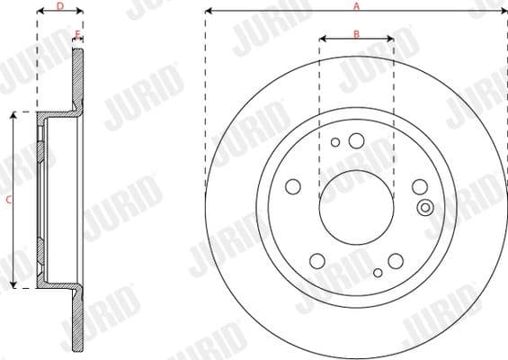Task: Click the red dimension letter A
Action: (356, 6)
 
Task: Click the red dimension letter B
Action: (356, 33)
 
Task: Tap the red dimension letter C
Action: (8, 202)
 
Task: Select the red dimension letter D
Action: (59, 6)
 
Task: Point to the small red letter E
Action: (78, 34)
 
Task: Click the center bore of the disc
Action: (356, 201)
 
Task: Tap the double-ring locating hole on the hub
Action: (425, 208)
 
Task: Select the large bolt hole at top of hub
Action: (356, 139)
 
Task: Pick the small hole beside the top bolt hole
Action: (335, 142)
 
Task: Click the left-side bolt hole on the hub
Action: (292, 186)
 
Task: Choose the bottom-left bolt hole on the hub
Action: (316, 260)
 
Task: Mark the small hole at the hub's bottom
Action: (378, 270)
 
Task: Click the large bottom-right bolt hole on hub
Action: (396, 260)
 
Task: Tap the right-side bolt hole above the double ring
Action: (419, 186)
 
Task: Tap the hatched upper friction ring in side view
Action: (77, 81)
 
